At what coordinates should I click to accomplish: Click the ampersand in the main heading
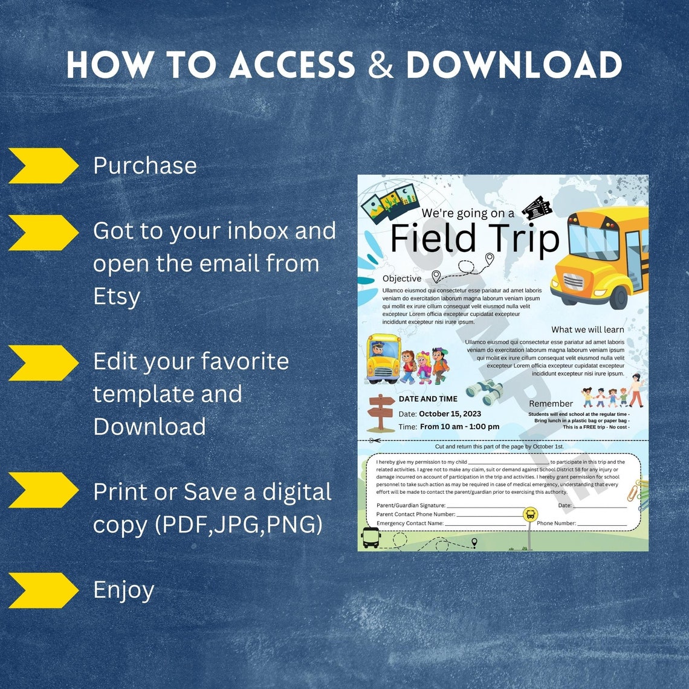380,65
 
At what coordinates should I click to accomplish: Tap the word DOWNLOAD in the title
514,65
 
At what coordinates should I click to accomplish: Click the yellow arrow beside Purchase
42,166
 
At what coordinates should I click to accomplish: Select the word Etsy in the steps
117,296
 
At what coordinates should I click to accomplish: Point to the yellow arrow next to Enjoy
42,590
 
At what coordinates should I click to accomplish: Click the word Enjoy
124,590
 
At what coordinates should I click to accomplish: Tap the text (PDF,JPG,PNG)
239,525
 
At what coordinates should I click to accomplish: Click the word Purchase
145,166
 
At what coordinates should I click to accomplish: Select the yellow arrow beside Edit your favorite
42,363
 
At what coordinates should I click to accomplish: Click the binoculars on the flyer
484,392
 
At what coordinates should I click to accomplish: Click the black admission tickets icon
537,207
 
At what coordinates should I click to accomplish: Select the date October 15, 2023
450,414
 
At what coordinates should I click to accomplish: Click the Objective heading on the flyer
402,279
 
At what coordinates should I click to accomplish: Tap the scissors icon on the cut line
375,441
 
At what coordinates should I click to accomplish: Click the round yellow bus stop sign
530,515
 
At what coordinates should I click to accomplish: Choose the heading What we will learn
587,329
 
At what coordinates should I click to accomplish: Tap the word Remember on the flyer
551,404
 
